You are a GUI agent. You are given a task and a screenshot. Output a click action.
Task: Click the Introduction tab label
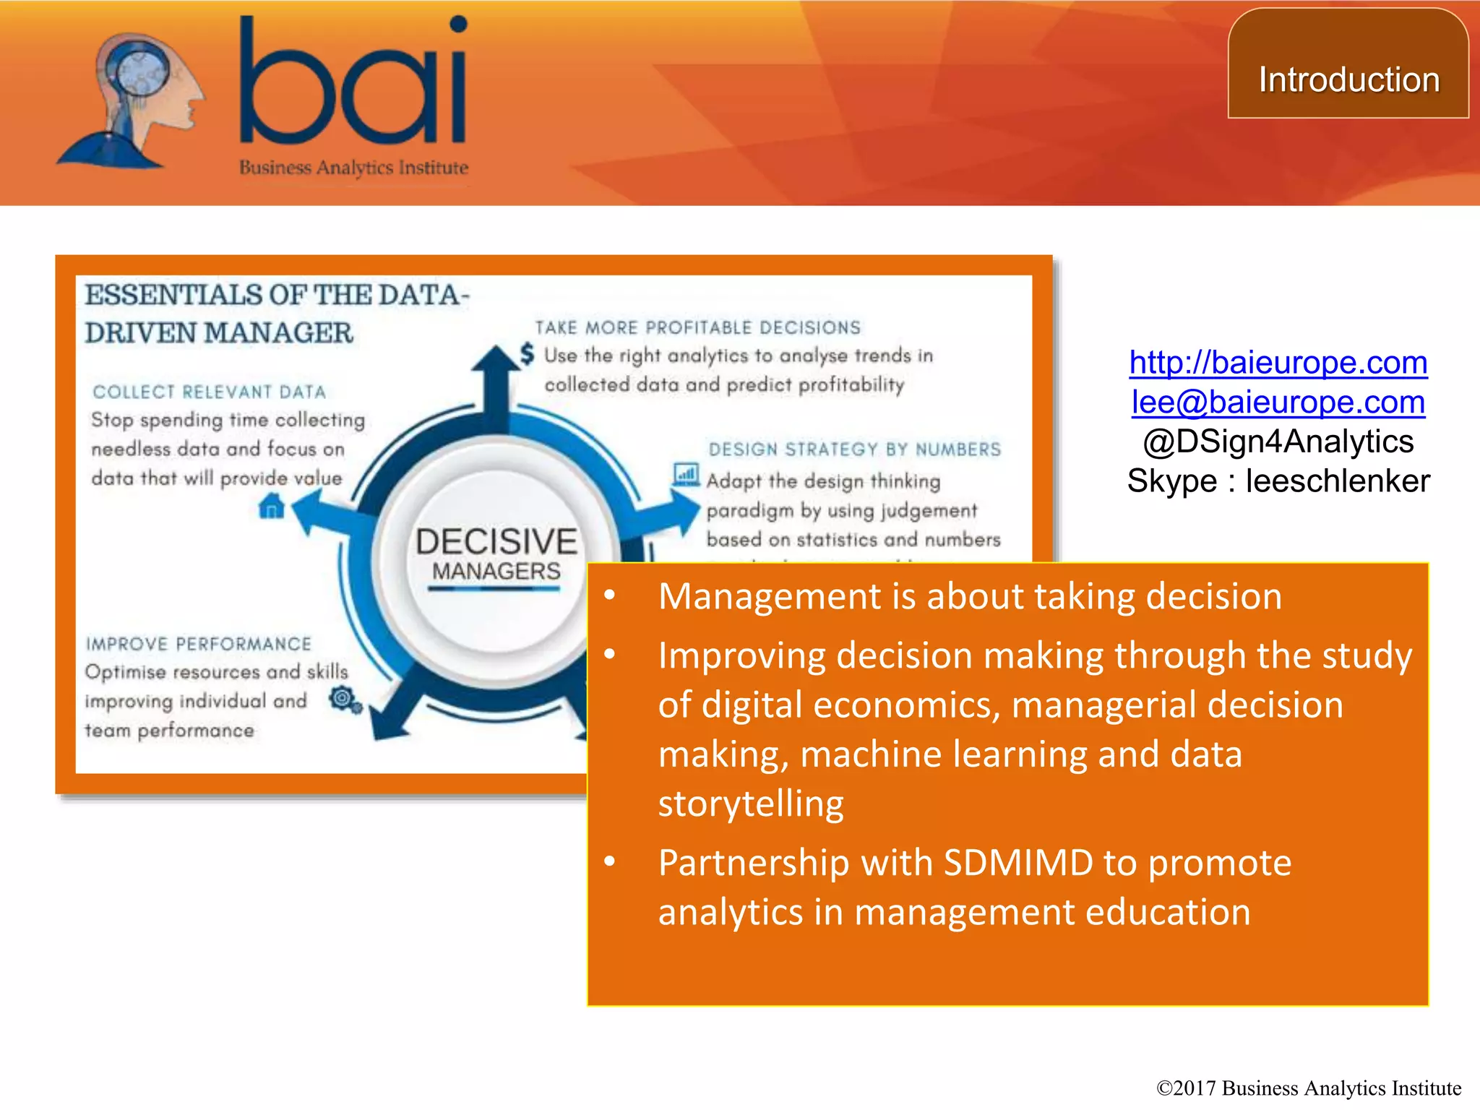click(1348, 79)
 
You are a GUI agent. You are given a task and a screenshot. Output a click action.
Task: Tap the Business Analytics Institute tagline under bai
click(353, 168)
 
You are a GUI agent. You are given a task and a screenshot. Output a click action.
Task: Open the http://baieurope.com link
click(1278, 362)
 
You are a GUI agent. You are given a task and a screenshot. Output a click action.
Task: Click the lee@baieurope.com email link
click(1278, 402)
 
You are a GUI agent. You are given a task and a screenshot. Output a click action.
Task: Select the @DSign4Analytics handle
click(1278, 442)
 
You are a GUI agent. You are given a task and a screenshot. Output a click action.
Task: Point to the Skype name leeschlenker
click(1337, 481)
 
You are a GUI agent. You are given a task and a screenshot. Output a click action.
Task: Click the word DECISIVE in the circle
click(496, 541)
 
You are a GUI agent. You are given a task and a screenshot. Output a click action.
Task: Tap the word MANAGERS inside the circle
click(496, 572)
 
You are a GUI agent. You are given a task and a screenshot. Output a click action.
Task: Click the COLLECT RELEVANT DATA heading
click(210, 392)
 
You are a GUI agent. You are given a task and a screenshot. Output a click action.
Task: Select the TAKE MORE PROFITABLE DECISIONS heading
click(698, 328)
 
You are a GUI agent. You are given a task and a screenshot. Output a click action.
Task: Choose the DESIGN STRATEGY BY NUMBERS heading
click(855, 449)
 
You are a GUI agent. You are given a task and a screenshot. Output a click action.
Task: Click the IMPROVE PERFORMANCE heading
click(199, 644)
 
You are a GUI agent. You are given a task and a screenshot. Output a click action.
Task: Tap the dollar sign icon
click(528, 353)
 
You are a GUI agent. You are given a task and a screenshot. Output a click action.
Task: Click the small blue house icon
click(271, 506)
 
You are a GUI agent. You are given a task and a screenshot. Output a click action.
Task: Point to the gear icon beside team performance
click(345, 700)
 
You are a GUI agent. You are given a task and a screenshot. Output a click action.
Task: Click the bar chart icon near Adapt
click(686, 475)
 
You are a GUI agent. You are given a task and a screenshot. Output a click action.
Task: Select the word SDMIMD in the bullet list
click(1018, 863)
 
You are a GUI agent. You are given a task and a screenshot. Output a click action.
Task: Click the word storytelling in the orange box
click(751, 804)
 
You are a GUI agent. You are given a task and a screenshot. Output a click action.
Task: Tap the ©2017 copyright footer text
click(1309, 1088)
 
